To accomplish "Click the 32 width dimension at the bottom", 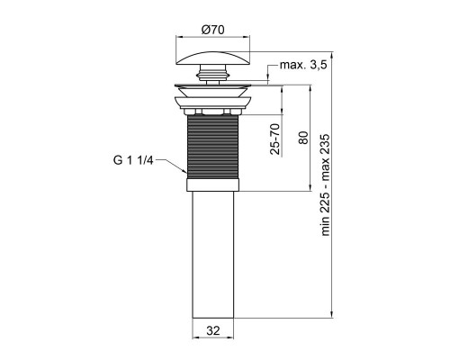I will (213, 331).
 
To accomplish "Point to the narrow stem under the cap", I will (214, 80).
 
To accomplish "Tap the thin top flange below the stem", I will (214, 86).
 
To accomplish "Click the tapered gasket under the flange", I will (214, 98).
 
